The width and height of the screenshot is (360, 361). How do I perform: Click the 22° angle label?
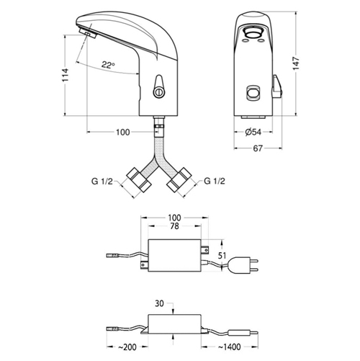click(x=109, y=65)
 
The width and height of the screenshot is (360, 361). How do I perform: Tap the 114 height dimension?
click(x=66, y=75)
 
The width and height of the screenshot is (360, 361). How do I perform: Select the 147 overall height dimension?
click(x=296, y=63)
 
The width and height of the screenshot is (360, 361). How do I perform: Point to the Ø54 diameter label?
click(x=253, y=132)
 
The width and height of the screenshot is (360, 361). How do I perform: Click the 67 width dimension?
click(x=258, y=148)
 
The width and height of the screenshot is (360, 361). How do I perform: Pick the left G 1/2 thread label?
click(x=102, y=181)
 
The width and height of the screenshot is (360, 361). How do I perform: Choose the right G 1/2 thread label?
click(x=215, y=181)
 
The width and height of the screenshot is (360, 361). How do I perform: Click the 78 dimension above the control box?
click(x=174, y=226)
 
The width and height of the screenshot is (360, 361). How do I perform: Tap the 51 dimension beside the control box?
click(x=222, y=256)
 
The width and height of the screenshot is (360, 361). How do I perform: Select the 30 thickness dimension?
click(x=159, y=303)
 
